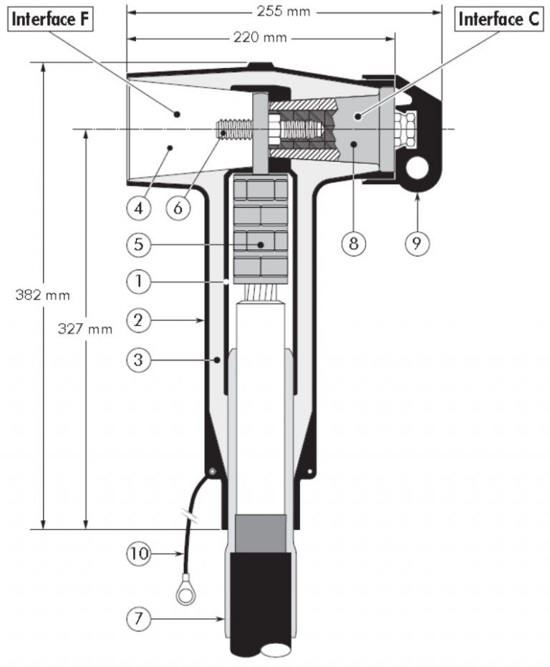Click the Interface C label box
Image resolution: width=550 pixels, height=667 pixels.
pyautogui.click(x=499, y=19)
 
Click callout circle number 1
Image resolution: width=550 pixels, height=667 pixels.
pyautogui.click(x=140, y=282)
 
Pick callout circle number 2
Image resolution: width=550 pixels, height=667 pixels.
pyautogui.click(x=140, y=321)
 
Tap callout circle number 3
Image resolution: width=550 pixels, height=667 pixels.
pyautogui.click(x=140, y=360)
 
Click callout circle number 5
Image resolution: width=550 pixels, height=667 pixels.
pyautogui.click(x=140, y=244)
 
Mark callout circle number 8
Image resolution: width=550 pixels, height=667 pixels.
pyautogui.click(x=353, y=243)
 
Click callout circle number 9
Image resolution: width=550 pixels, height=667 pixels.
pyautogui.click(x=416, y=243)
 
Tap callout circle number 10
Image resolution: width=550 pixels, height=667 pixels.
pyautogui.click(x=140, y=552)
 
